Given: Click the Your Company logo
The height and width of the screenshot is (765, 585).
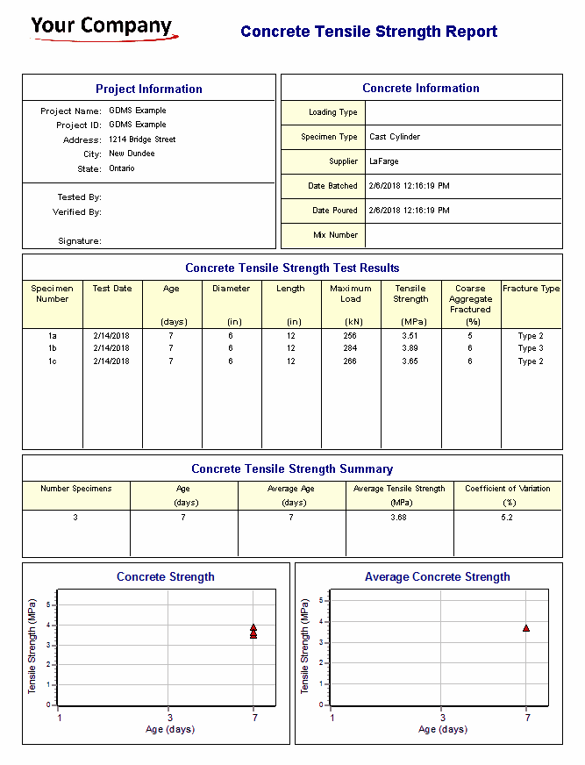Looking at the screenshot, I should pos(103,27).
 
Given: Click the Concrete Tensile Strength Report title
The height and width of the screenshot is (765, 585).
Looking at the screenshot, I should pos(368,32).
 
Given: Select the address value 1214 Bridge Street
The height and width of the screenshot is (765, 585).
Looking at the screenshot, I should pos(142,139).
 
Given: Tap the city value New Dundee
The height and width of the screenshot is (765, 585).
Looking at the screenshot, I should pos(132,154).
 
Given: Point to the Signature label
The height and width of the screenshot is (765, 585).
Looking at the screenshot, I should pos(80,240).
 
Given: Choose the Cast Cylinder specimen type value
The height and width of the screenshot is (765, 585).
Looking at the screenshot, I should pos(395,137).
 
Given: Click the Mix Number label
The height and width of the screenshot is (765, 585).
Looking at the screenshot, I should pos(336,235).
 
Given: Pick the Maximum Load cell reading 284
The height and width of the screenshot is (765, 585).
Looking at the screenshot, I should pos(351,348).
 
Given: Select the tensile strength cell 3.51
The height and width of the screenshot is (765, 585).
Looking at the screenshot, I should pos(410,335).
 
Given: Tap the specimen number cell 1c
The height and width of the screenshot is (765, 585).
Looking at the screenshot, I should pos(53,361).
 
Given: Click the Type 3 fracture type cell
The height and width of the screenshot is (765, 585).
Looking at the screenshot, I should pos(531,348).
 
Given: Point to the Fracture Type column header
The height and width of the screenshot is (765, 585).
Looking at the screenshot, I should pos(531,289).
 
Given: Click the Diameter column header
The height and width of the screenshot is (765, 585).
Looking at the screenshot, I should pos(232,289).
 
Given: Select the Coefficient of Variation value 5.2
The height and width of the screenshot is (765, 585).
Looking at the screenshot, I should pos(508,518).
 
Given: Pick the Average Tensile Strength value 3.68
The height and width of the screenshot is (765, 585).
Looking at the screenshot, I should pos(399,518).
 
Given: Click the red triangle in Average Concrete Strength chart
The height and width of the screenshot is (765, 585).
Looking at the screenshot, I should pos(526,628).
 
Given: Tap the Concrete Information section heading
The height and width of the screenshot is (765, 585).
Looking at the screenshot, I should pos(421,88).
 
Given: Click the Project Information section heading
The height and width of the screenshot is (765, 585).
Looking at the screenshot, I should pos(149,89).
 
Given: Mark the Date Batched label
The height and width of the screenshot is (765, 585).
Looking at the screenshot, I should pos(333,186).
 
